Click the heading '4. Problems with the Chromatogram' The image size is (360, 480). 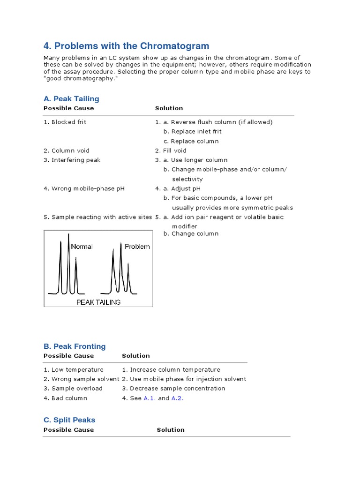click(126, 46)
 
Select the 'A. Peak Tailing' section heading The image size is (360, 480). click(71, 98)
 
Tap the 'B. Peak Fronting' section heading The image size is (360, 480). click(75, 346)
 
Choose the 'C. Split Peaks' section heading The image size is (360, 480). click(69, 420)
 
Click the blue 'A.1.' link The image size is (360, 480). click(149, 398)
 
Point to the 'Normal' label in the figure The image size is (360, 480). click(82, 247)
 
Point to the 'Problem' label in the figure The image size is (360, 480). click(137, 247)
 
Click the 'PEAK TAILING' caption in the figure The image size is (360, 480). click(98, 302)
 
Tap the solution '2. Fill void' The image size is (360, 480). click(171, 150)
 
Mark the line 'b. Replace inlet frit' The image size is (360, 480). click(192, 131)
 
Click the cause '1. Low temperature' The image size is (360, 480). click(73, 369)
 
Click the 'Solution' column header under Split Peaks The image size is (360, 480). click(171, 430)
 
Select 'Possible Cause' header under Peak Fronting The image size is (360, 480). click(68, 356)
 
